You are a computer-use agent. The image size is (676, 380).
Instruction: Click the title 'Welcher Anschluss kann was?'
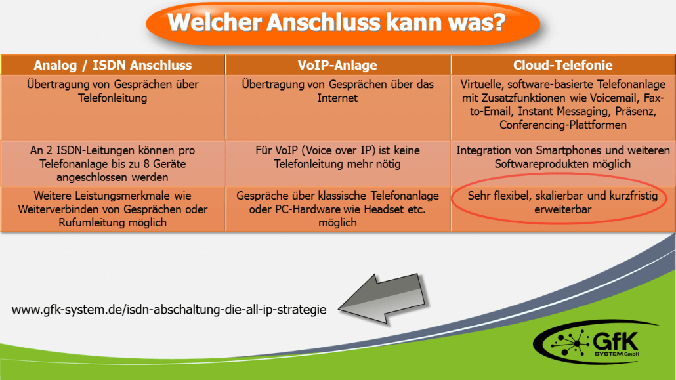[x=337, y=22]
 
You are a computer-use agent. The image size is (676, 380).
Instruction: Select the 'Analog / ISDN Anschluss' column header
[x=112, y=65]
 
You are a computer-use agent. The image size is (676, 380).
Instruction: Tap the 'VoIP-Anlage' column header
[x=337, y=65]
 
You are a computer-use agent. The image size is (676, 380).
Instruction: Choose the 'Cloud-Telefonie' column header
[x=562, y=65]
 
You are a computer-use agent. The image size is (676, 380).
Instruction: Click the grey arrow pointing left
[x=383, y=299]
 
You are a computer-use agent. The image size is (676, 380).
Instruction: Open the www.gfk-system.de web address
[x=169, y=310]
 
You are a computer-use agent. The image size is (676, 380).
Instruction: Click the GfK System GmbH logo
[x=596, y=343]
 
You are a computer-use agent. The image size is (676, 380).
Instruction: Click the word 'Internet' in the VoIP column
[x=337, y=98]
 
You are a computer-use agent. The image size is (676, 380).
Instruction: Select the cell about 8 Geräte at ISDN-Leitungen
[x=112, y=163]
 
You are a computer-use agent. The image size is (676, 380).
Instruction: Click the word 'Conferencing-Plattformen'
[x=563, y=125]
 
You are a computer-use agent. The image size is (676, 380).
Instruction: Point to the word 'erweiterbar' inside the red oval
[x=563, y=209]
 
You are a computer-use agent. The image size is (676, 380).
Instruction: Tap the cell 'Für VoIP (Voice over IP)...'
[x=337, y=163]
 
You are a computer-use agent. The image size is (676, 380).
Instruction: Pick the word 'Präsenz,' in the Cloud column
[x=636, y=112]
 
